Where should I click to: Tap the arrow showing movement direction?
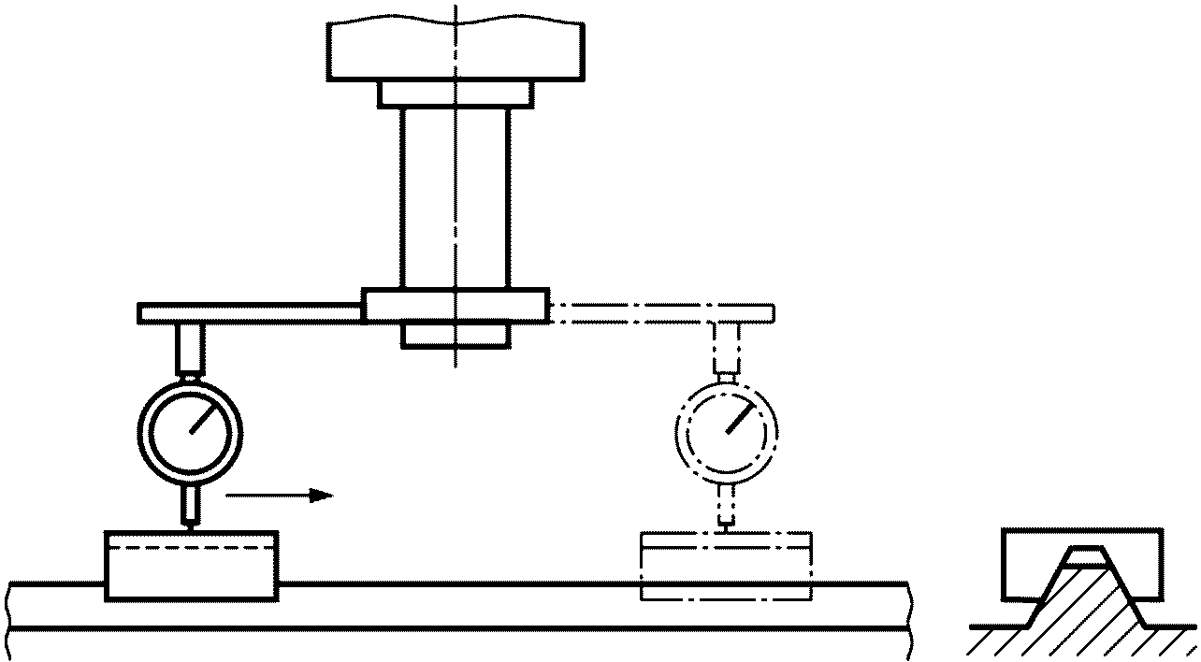[280, 495]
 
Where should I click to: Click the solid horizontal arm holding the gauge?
[250, 313]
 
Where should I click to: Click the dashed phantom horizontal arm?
[660, 313]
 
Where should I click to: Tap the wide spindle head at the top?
[456, 51]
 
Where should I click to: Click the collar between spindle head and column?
[456, 94]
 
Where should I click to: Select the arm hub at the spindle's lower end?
[456, 306]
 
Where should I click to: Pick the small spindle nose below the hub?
[456, 336]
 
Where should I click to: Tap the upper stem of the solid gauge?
[191, 347]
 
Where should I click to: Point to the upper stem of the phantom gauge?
[727, 347]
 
